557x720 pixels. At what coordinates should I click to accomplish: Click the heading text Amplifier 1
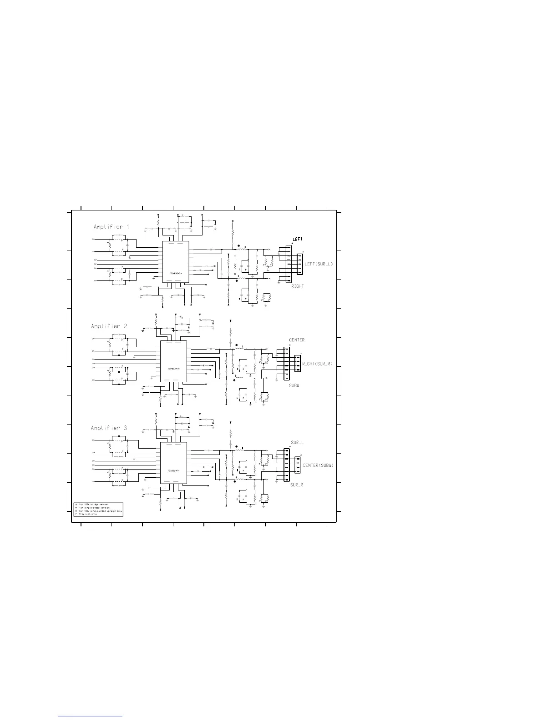111,227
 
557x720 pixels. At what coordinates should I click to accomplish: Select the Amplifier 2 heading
109,326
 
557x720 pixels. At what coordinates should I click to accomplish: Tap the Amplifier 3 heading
109,428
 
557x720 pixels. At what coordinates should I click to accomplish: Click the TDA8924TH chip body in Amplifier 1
176,262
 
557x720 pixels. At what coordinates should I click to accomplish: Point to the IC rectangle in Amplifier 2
173,361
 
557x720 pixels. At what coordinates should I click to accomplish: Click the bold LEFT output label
297,239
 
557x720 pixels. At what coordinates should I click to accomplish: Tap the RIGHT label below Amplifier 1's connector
297,286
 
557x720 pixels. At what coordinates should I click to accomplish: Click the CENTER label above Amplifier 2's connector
297,340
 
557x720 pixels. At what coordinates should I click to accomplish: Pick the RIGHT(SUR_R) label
318,364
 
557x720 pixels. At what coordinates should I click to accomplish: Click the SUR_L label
297,442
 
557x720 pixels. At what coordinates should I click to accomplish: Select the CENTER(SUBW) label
319,465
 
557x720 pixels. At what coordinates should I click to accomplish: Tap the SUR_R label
297,485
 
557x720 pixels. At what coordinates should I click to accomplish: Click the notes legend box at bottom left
98,509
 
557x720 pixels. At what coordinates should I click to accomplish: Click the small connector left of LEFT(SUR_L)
299,264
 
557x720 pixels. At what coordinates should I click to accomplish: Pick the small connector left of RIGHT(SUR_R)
298,363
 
